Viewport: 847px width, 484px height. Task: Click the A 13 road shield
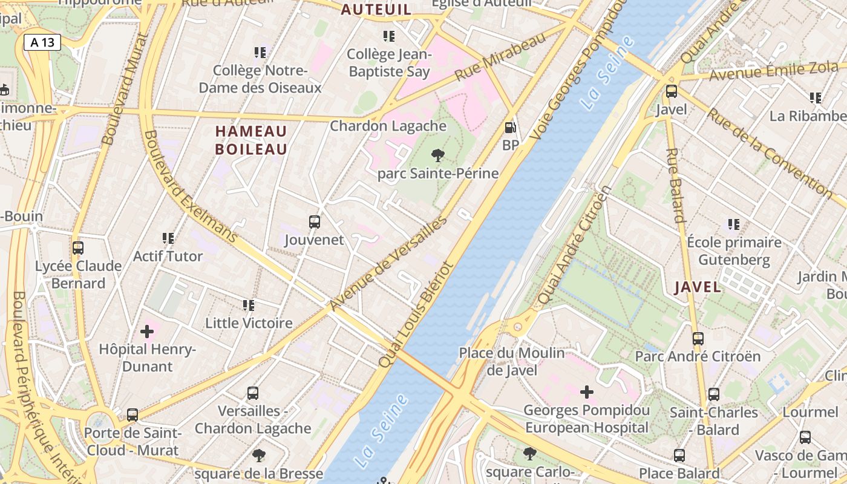[42, 42]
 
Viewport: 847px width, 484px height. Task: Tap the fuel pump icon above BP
[511, 128]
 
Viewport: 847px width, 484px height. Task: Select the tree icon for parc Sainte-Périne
[438, 155]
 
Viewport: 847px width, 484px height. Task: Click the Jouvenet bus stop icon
[314, 222]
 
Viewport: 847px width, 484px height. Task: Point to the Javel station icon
[671, 92]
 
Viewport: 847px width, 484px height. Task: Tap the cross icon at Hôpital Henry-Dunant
[146, 332]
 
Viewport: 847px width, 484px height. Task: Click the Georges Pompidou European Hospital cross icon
[586, 392]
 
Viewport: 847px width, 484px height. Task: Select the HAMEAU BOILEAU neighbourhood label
[251, 140]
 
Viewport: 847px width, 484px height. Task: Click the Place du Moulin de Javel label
[512, 361]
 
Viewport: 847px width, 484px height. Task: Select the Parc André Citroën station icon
[698, 339]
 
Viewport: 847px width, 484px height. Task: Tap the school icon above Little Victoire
[248, 306]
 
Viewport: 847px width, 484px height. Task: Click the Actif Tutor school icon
[168, 238]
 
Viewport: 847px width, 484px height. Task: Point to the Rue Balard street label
[675, 185]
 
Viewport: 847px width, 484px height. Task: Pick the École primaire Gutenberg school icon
[734, 225]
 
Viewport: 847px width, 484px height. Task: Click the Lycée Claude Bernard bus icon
[77, 248]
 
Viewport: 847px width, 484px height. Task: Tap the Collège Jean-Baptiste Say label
[389, 63]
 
